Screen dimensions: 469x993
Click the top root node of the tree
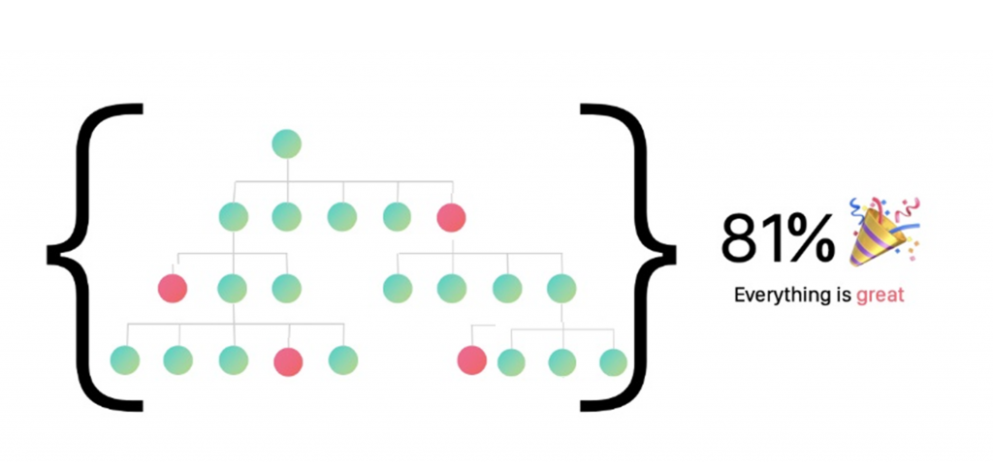click(287, 144)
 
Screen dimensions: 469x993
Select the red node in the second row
click(451, 217)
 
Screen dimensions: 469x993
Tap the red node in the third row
click(173, 288)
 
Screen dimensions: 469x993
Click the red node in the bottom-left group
click(288, 361)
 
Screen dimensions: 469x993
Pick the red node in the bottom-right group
click(471, 360)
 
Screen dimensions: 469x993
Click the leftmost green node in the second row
click(233, 217)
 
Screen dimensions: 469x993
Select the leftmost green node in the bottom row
click(125, 360)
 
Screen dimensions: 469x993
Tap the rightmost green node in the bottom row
click(613, 361)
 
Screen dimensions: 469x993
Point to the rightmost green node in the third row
click(561, 288)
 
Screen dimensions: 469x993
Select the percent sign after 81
click(810, 238)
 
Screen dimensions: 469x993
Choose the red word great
click(880, 295)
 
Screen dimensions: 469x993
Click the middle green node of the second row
click(341, 217)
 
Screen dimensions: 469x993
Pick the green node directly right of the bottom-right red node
click(511, 361)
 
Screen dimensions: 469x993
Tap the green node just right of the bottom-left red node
click(343, 360)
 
